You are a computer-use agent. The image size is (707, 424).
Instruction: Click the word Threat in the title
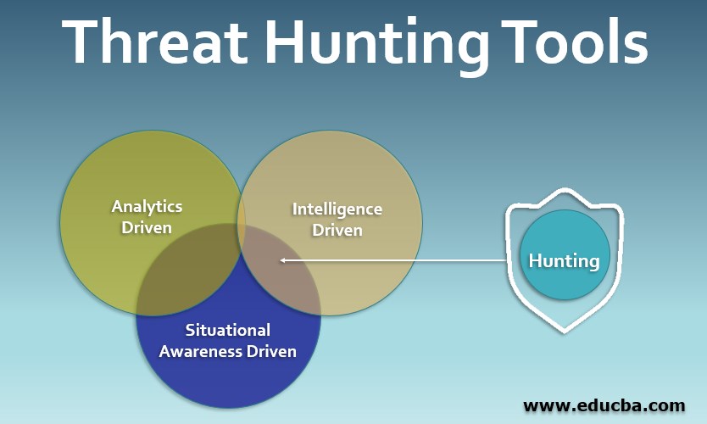point(154,42)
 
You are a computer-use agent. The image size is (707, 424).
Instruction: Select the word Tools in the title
point(576,42)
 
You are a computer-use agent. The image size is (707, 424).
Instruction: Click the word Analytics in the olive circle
point(147,207)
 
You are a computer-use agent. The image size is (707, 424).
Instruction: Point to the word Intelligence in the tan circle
point(337,209)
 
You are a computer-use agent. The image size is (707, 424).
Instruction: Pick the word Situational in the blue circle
point(228,330)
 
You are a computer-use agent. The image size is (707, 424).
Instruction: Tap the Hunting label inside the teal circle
point(564,261)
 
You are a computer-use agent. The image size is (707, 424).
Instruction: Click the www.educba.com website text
point(604,405)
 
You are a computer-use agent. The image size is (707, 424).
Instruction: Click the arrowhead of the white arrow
point(282,260)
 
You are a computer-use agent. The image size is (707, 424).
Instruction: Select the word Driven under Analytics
point(147,227)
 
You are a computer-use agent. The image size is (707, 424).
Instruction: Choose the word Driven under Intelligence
point(337,230)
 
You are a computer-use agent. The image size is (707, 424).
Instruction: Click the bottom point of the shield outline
point(565,332)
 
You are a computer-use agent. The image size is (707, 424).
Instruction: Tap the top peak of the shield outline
point(565,189)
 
